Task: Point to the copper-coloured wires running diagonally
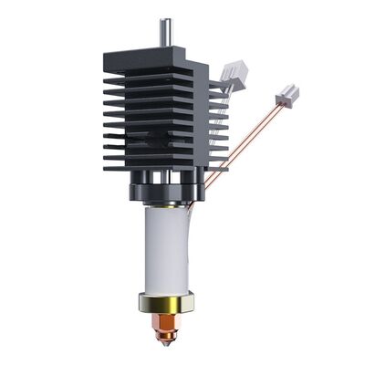click(x=242, y=137)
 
